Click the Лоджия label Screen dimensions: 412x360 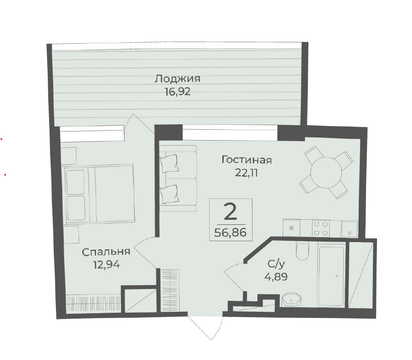tap(177, 79)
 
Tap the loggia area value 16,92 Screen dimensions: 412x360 tap(177, 92)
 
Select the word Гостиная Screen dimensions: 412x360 tap(246, 160)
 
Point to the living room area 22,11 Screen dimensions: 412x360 tap(246, 173)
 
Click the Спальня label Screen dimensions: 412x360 tap(106, 252)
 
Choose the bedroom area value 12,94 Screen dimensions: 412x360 tap(106, 264)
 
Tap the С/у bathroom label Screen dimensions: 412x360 tap(276, 264)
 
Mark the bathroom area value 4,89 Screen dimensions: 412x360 tap(276, 277)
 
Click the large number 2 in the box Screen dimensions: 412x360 tap(231, 213)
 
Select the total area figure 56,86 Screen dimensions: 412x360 tap(231, 233)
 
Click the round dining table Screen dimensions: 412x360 tap(326, 172)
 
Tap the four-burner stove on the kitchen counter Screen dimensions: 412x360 tap(321, 228)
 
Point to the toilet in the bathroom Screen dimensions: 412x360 tap(303, 251)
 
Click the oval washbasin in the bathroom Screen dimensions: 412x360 tap(291, 299)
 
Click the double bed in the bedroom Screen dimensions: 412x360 tap(99, 194)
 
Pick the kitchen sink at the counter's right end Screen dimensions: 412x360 tap(349, 228)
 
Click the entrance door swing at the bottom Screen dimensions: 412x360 tap(205, 325)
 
